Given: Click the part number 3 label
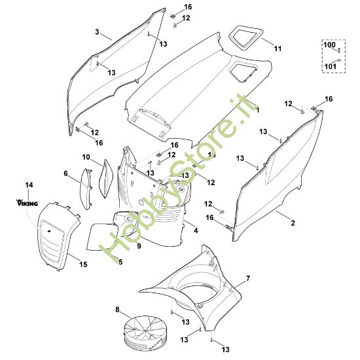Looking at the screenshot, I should pyautogui.click(x=98, y=31).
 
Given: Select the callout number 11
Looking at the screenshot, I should pyautogui.click(x=277, y=48).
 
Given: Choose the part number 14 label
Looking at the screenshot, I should pyautogui.click(x=28, y=187).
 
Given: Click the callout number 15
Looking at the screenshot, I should pyautogui.click(x=83, y=264).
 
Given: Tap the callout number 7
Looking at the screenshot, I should pyautogui.click(x=247, y=279).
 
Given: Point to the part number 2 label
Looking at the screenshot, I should pyautogui.click(x=293, y=224).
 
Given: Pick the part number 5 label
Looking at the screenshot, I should pyautogui.click(x=120, y=262).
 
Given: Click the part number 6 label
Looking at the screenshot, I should pyautogui.click(x=66, y=173).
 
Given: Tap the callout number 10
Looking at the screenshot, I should pyautogui.click(x=86, y=157).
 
